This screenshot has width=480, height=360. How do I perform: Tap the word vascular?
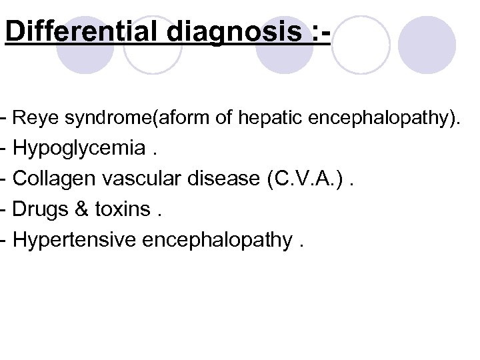tap(140, 179)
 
